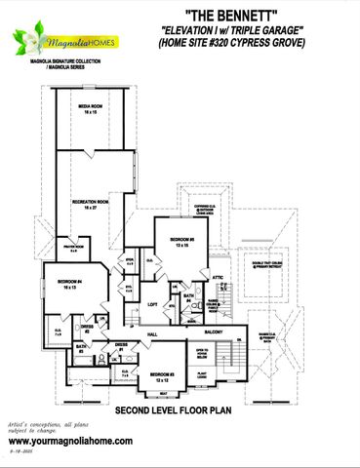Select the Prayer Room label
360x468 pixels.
71,249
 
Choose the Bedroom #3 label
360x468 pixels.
163,374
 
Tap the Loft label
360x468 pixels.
153,304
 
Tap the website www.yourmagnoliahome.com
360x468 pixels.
70,442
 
